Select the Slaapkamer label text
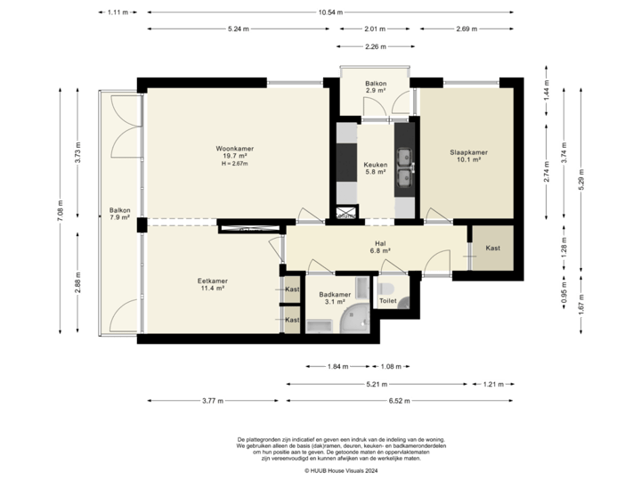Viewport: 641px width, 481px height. click(x=468, y=152)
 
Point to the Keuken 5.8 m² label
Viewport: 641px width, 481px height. click(x=375, y=168)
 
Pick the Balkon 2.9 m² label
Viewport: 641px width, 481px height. click(x=376, y=86)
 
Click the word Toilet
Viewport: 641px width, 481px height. click(x=387, y=302)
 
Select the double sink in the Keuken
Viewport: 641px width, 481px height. click(x=405, y=167)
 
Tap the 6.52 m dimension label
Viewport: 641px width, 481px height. click(x=399, y=402)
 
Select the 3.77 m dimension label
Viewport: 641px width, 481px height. click(x=213, y=402)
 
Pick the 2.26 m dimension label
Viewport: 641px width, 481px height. click(x=376, y=46)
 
